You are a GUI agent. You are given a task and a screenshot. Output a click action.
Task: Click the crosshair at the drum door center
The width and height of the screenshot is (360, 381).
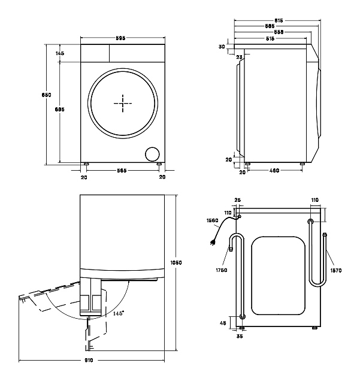(x=123, y=103)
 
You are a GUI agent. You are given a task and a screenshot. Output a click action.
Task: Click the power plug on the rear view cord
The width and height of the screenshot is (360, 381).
(x=212, y=243)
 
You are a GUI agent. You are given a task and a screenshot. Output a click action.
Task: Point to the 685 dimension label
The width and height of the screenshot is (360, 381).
(x=59, y=109)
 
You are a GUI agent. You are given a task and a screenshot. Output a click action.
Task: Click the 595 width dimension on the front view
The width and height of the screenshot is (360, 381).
(x=120, y=39)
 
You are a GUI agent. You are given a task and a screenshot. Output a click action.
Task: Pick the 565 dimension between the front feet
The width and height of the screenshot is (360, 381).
(x=122, y=171)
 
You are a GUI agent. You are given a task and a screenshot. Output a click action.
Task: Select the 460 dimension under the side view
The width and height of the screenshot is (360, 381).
(x=274, y=171)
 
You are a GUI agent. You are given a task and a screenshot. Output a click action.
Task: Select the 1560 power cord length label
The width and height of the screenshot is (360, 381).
(x=212, y=220)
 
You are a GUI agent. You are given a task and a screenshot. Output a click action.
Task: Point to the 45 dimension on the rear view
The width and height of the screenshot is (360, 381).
(x=223, y=323)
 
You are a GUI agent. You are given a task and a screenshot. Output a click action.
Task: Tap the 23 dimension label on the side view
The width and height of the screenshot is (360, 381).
(x=240, y=57)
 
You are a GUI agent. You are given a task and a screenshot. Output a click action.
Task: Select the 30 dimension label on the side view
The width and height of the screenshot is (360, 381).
(x=222, y=47)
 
